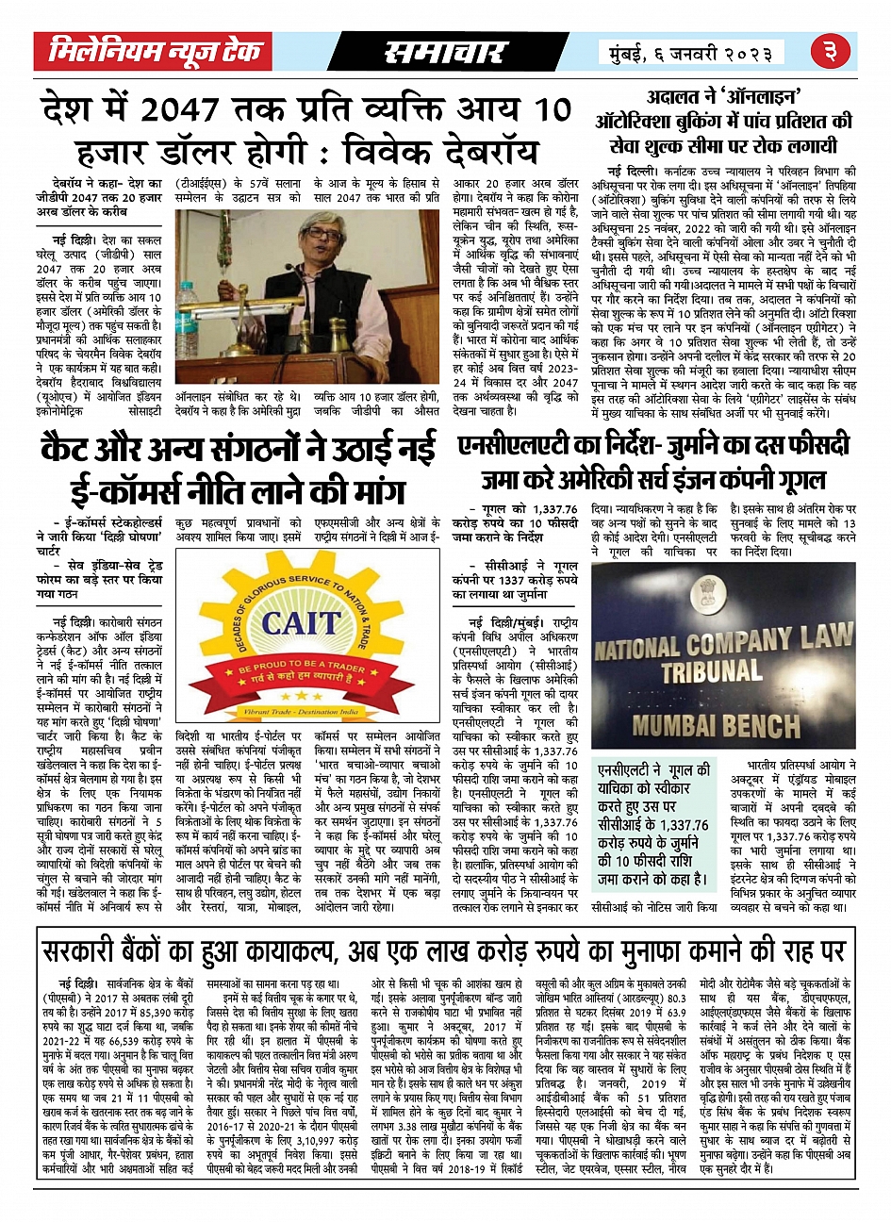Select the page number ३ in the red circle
tap(837, 53)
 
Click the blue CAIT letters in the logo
tap(300, 622)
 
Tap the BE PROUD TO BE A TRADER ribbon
tap(300, 669)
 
